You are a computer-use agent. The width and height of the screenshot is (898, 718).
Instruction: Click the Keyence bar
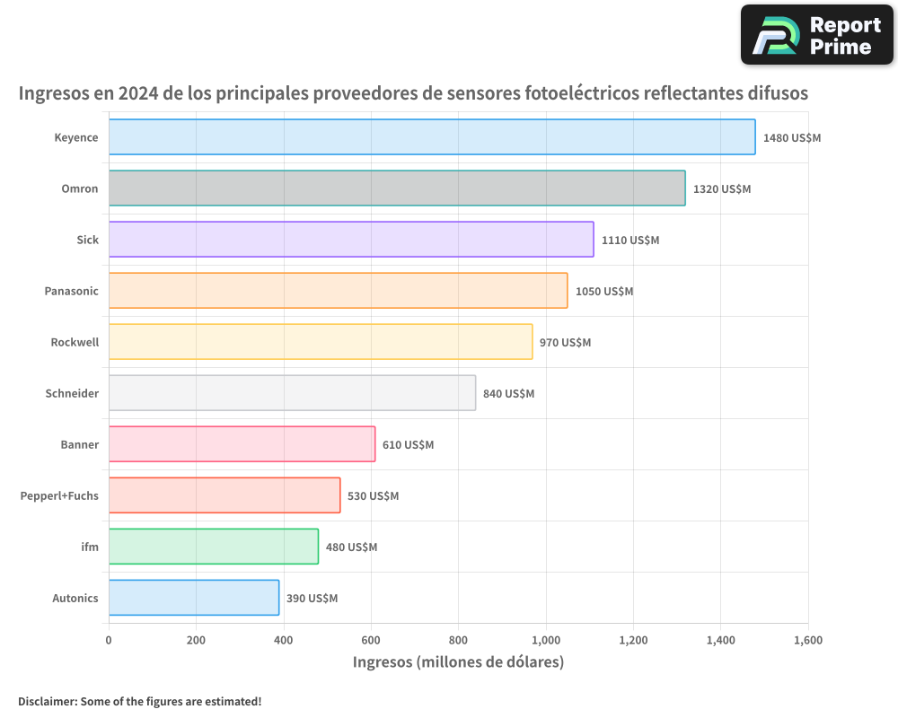432,137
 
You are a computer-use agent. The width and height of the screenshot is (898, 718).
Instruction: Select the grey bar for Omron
397,188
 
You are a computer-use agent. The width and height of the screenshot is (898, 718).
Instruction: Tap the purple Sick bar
351,240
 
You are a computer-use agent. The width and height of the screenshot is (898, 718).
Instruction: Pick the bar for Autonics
194,598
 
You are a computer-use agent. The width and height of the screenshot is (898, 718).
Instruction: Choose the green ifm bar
214,547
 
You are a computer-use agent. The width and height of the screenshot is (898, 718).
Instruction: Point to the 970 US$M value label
565,343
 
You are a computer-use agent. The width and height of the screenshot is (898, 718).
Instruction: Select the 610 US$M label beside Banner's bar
408,445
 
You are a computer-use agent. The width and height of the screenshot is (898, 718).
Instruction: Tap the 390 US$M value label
312,599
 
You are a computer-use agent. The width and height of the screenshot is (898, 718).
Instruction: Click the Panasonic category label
72,291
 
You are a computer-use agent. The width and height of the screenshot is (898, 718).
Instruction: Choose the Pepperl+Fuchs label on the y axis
59,495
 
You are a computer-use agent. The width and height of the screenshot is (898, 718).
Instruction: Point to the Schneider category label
72,393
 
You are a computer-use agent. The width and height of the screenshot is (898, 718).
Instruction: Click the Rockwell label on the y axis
75,342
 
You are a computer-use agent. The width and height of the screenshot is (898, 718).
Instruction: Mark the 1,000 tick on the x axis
546,641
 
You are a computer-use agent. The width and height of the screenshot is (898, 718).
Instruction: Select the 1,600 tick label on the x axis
807,641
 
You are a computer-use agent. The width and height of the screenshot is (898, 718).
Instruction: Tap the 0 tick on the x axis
109,641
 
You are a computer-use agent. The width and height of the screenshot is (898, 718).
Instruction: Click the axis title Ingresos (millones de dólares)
458,662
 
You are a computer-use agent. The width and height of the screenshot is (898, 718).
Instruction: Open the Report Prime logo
816,35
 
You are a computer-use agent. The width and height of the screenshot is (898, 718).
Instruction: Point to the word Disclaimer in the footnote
47,701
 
